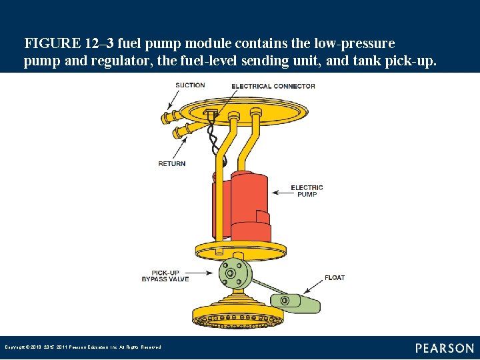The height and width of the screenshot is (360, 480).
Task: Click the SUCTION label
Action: (x=190, y=85)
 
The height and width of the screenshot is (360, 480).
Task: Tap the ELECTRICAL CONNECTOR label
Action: (x=273, y=86)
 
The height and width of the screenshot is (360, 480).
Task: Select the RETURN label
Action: (x=171, y=164)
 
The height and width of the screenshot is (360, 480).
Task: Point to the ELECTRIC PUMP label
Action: (x=307, y=191)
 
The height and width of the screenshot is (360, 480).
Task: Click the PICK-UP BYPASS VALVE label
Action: (x=165, y=275)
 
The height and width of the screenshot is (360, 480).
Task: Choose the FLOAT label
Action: (x=335, y=277)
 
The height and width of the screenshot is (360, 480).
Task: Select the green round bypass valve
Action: (x=231, y=274)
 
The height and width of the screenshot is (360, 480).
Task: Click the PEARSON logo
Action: (x=444, y=349)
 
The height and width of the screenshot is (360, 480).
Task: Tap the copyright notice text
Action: (x=83, y=347)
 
